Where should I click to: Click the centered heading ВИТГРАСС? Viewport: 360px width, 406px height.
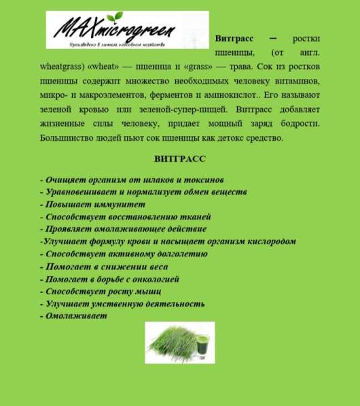tap(180, 159)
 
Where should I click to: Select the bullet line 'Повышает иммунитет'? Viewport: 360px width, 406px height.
tap(93, 204)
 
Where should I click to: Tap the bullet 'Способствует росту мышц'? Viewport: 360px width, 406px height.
tap(103, 291)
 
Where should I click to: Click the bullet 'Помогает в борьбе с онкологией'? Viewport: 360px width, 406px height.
tap(109, 279)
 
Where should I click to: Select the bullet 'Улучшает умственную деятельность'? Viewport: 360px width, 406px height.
tap(122, 304)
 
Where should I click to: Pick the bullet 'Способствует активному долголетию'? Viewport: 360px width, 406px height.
tap(124, 254)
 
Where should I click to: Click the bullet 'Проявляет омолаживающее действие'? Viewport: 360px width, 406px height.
tap(123, 229)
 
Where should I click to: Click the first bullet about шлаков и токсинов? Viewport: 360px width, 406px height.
tap(132, 180)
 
